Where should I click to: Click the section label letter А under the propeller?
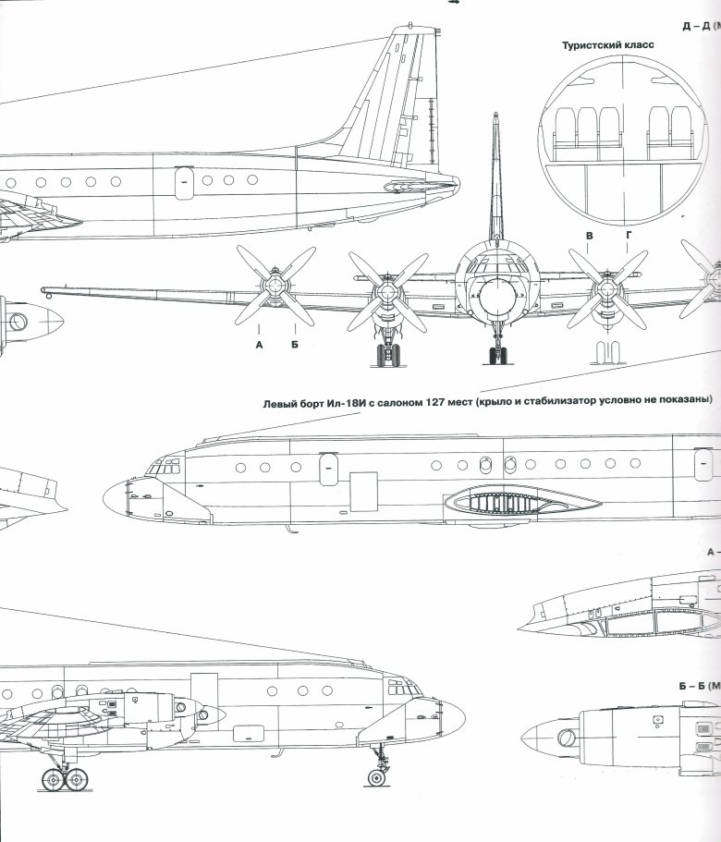[x=259, y=344]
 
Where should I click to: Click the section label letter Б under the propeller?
[x=295, y=344]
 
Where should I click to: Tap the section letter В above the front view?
[x=588, y=237]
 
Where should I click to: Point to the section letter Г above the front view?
[x=629, y=237]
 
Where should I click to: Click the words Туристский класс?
[x=602, y=44]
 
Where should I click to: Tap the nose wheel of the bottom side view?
[x=378, y=776]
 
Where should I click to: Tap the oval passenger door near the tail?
[x=183, y=180]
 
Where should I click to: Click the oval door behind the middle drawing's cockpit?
[x=328, y=470]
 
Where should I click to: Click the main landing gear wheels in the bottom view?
[x=65, y=777]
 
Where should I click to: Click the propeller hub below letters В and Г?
[x=606, y=288]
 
